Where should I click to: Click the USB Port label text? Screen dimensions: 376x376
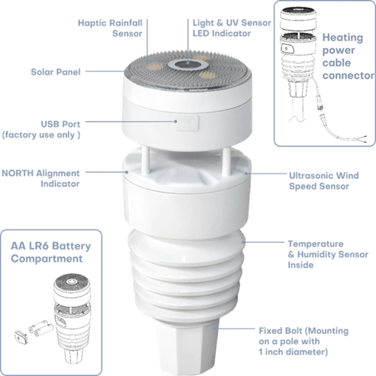coord(46,129)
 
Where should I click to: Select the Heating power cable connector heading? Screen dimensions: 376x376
coord(347,56)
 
